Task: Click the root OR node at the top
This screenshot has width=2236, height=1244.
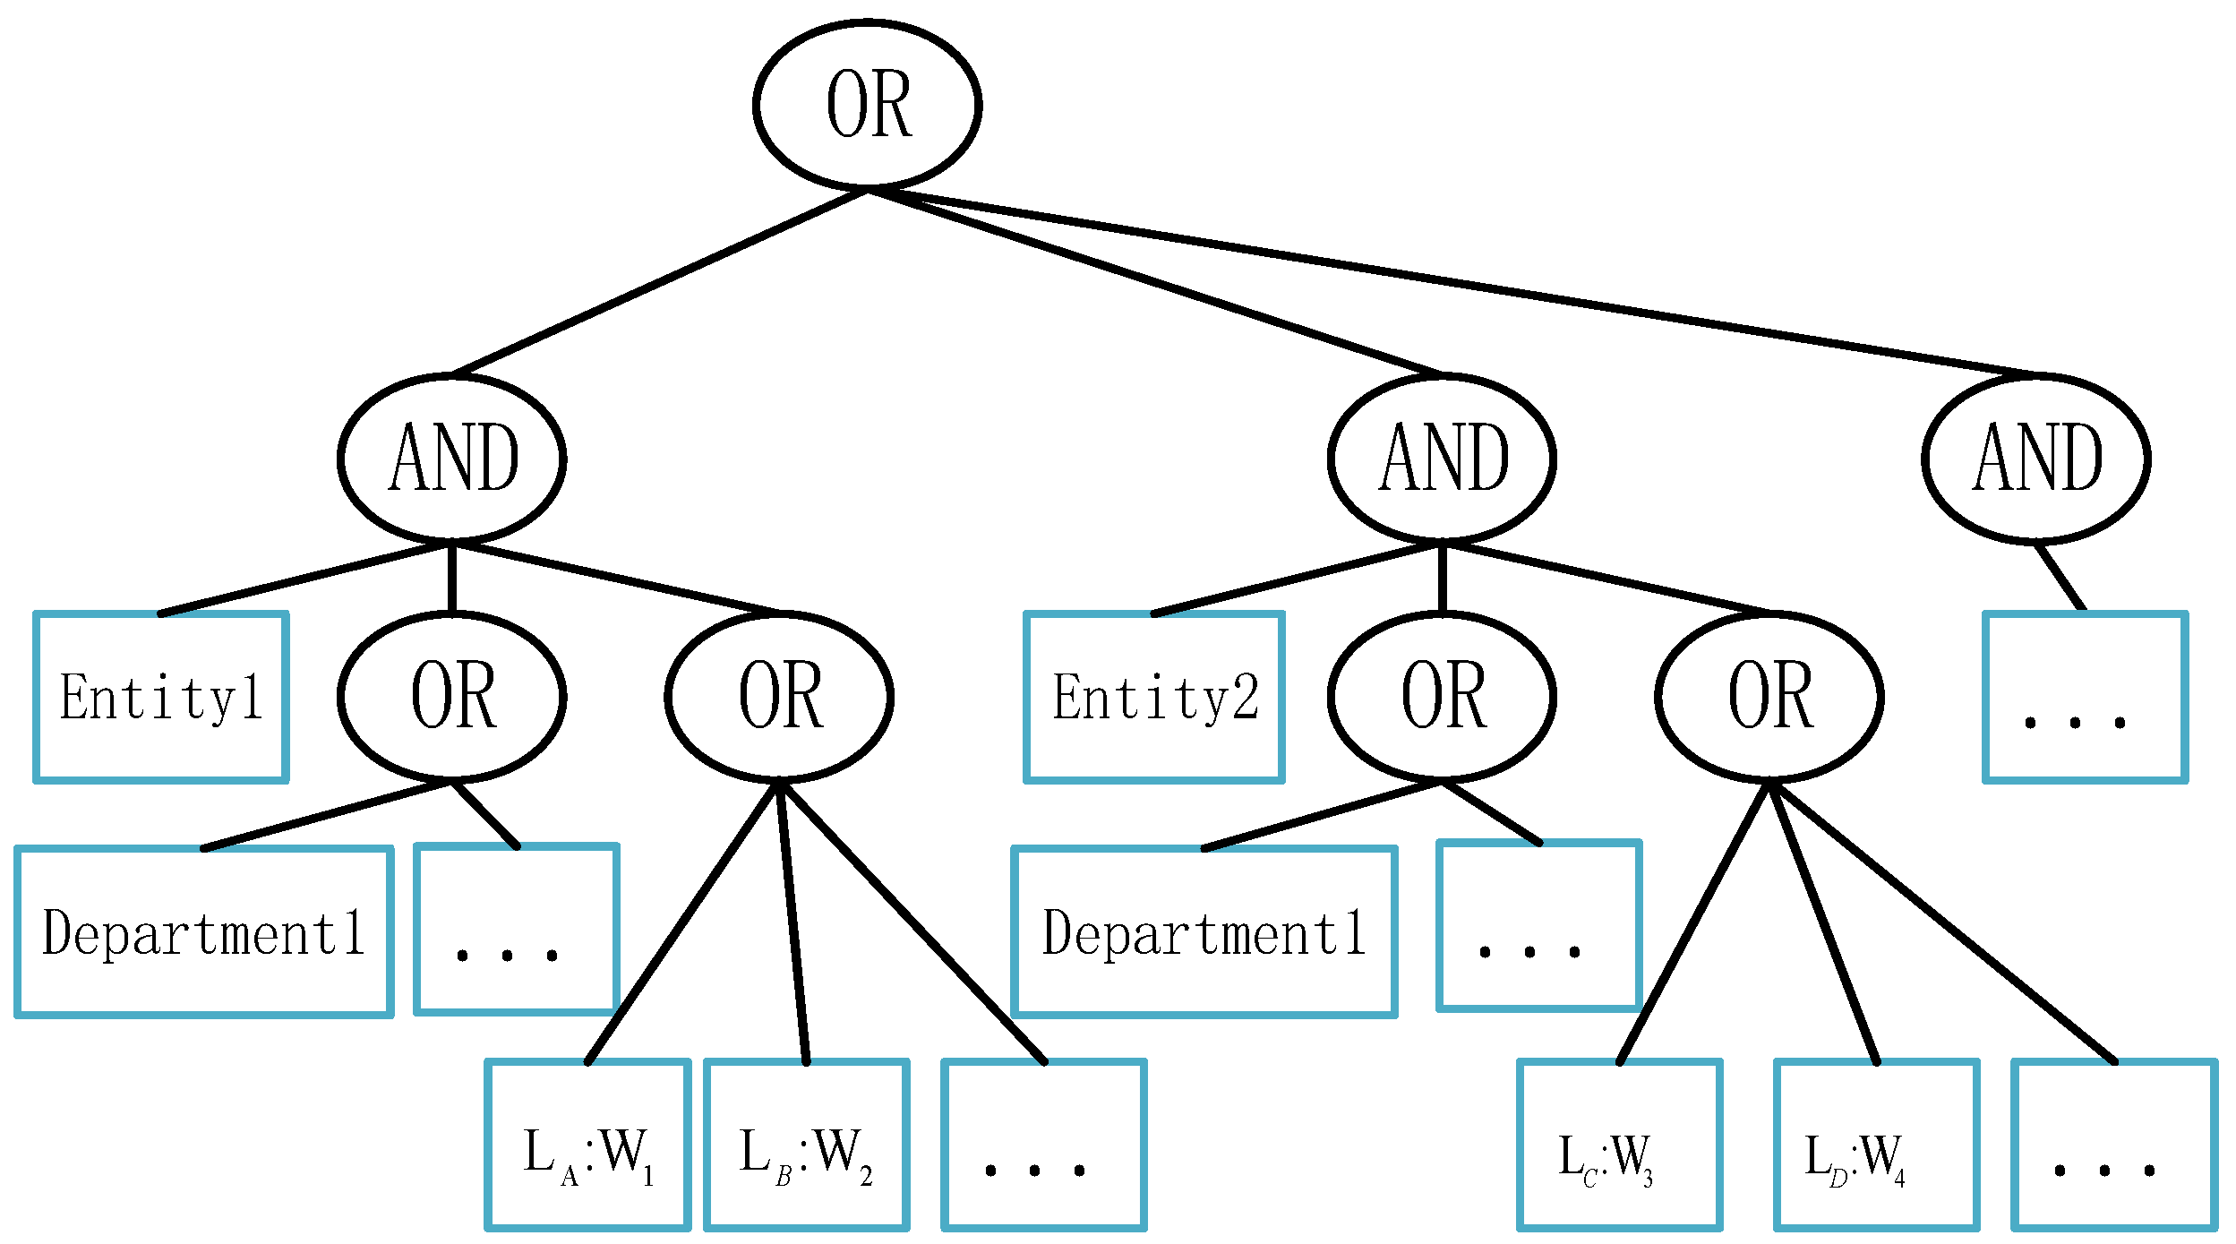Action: click(867, 105)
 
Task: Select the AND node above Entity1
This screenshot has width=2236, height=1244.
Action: click(451, 459)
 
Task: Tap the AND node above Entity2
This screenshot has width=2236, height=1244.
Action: click(1442, 459)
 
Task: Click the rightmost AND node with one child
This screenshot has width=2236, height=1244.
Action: click(2035, 459)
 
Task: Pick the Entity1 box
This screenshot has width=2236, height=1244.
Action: click(161, 697)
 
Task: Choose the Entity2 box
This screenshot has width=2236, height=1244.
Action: click(1154, 697)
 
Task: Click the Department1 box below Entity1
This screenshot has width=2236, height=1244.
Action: click(204, 931)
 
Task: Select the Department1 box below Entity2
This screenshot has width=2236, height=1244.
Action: click(1204, 931)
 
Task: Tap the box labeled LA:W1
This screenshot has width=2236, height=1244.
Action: click(588, 1145)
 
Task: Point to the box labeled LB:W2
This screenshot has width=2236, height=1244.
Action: click(807, 1145)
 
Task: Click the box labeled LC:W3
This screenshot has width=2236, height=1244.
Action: click(1620, 1145)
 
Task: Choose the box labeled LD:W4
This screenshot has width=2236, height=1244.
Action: click(1877, 1145)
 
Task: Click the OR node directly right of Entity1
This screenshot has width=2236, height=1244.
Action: click(451, 697)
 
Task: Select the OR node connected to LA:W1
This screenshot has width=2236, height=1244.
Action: click(779, 697)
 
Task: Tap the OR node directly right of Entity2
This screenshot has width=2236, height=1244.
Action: click(1442, 697)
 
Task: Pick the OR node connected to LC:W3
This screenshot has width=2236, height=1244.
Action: click(1769, 697)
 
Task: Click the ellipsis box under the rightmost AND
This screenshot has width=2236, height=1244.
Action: click(2086, 697)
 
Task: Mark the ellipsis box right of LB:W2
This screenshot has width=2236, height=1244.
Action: click(1044, 1145)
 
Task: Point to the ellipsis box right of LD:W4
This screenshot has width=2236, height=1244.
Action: click(2114, 1145)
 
